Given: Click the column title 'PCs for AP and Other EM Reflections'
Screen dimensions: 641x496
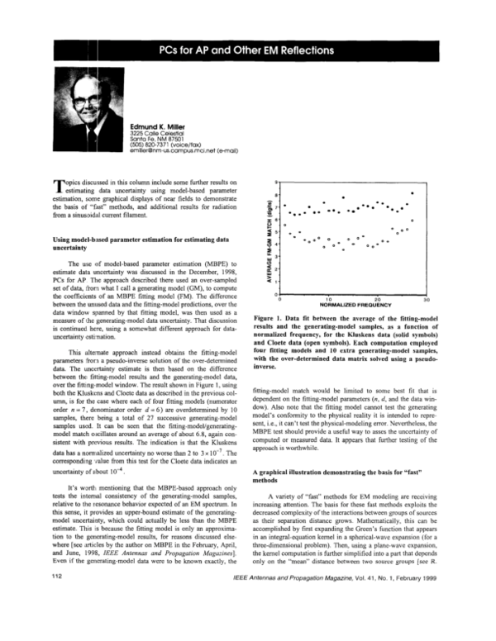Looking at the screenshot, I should coord(248,50).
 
